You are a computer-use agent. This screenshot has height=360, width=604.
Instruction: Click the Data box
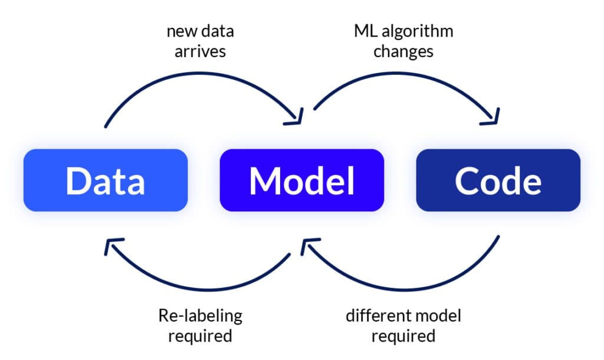coord(106,180)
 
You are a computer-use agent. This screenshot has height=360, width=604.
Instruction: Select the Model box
coord(301,180)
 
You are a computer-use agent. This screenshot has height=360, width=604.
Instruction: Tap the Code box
coord(498,180)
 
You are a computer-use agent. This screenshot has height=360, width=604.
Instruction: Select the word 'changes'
coord(403,51)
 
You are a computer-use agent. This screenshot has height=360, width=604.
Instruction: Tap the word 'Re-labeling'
coord(200,316)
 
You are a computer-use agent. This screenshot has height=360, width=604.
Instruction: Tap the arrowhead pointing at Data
coord(113,246)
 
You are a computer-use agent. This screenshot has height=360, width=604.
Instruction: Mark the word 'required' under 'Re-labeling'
coord(200,336)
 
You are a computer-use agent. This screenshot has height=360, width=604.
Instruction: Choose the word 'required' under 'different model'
coord(403,336)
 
